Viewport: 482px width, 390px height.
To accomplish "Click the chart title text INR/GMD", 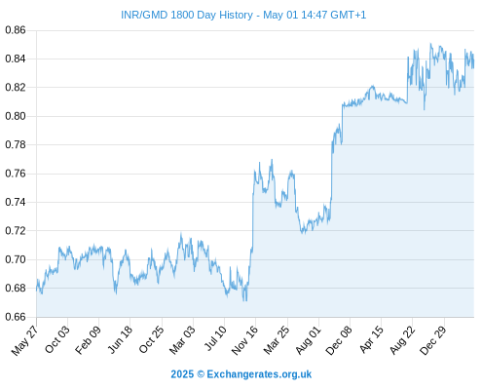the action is (144, 15).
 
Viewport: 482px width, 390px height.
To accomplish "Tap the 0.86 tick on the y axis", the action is (16, 30).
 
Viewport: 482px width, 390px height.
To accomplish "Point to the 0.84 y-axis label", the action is (16, 58).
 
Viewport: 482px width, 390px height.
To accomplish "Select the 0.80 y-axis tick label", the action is (16, 116).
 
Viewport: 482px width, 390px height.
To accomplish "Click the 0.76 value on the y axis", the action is (16, 174).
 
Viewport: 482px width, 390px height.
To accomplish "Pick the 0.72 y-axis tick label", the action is (16, 231).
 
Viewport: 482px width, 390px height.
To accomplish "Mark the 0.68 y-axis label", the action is (16, 288).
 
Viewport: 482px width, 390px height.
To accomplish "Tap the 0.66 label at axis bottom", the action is (16, 317).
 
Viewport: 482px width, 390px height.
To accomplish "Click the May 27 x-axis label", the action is (24, 340).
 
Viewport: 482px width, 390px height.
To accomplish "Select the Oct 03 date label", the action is (57, 339).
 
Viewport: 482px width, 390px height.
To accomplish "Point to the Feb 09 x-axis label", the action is (89, 340).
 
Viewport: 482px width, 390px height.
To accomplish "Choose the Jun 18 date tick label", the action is (120, 339).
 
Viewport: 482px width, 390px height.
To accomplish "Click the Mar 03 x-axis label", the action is (183, 340).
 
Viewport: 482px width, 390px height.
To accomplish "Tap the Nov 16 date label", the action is (245, 340).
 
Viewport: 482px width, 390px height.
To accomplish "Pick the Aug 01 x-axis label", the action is (309, 340).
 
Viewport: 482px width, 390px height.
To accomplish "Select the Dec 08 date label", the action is (339, 340).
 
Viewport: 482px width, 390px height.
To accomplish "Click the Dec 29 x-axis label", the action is (433, 340).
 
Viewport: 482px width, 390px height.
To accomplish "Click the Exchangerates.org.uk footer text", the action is (259, 374).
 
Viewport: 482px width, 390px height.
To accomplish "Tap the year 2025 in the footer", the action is (182, 374).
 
